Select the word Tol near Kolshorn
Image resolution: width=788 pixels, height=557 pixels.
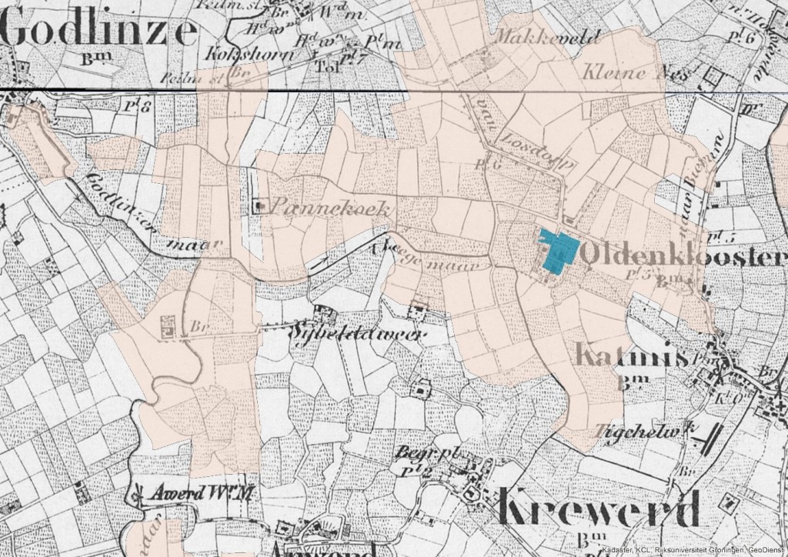click(326, 66)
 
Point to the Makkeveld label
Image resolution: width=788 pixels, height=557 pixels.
click(536, 35)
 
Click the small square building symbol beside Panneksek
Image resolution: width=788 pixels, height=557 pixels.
click(260, 205)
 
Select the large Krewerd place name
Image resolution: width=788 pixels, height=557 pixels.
click(599, 508)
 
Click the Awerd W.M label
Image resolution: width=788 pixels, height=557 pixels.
click(204, 493)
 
